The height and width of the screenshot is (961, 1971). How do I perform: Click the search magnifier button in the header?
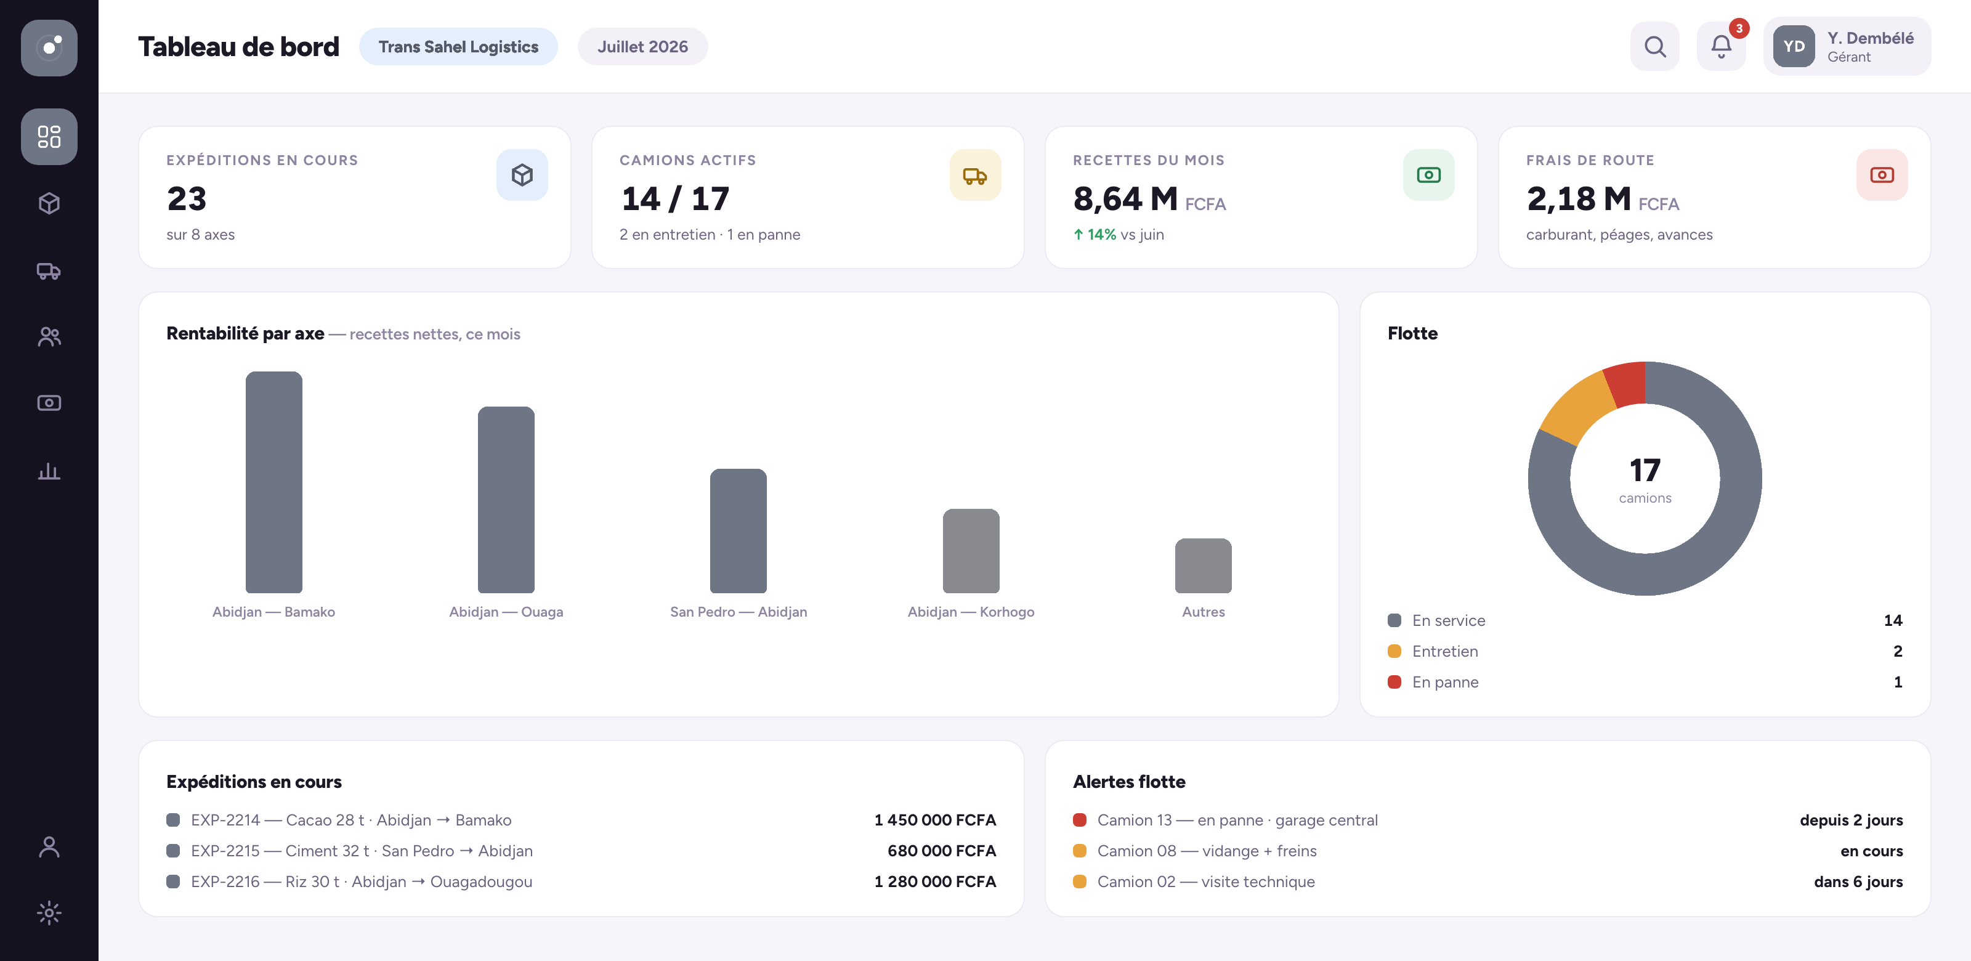1654,47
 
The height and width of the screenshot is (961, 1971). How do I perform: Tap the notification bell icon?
1721,47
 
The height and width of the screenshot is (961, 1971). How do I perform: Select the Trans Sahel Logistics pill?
458,47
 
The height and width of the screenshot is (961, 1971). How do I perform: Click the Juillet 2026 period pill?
642,47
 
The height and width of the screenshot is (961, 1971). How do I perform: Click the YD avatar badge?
1794,47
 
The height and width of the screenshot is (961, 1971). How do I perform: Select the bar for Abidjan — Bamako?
274,482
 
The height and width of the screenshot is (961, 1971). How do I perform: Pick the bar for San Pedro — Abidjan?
739,531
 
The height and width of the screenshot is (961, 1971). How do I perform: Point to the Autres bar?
1204,566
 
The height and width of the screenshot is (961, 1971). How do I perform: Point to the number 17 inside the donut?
1645,470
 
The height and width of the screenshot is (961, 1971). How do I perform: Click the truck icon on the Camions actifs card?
975,175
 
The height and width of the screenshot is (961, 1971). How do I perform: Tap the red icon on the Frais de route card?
1882,175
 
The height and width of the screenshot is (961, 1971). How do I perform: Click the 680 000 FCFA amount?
942,851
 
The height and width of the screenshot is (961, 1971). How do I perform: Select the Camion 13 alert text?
1237,820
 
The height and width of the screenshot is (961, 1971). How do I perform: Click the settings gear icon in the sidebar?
49,913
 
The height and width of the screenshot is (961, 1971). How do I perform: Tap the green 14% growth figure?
1095,234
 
